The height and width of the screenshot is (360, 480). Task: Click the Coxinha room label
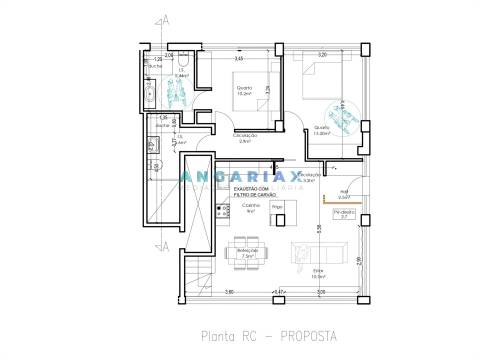(251, 207)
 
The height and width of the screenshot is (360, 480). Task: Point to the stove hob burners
(221, 211)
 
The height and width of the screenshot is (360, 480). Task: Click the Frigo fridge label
(277, 207)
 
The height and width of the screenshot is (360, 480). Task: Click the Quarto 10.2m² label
(244, 91)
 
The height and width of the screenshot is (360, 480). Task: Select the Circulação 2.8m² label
(246, 138)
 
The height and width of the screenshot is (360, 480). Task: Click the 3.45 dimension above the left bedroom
(239, 59)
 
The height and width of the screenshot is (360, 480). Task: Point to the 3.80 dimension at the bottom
(229, 292)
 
